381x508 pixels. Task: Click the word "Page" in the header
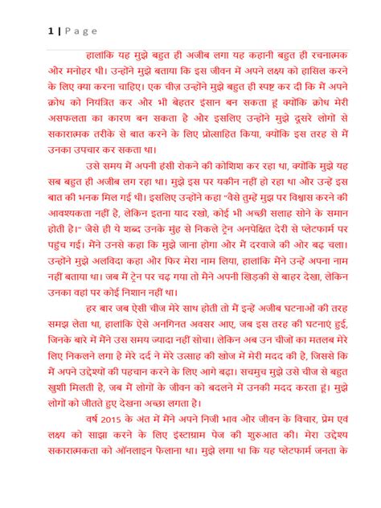pyautogui.click(x=76, y=31)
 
